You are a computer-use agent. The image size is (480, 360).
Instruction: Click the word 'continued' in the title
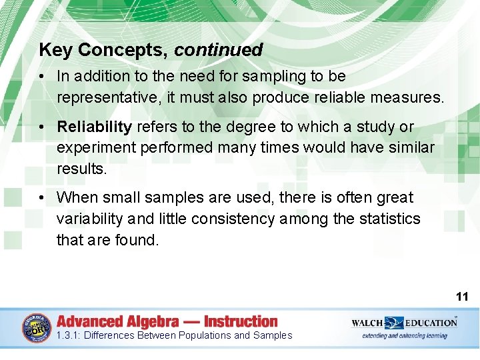pos(219,50)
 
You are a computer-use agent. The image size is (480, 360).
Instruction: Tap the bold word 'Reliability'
pos(94,127)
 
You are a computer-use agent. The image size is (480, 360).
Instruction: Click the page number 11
pos(462,297)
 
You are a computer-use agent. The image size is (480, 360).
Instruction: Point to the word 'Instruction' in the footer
pos(241,321)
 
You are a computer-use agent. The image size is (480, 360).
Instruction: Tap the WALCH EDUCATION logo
pos(404,323)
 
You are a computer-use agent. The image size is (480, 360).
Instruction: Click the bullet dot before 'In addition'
pos(42,77)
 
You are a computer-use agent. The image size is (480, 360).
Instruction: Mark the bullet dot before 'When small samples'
pos(42,198)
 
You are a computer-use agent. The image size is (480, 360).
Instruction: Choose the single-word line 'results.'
pos(81,169)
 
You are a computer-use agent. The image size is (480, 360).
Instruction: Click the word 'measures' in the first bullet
pos(406,98)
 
